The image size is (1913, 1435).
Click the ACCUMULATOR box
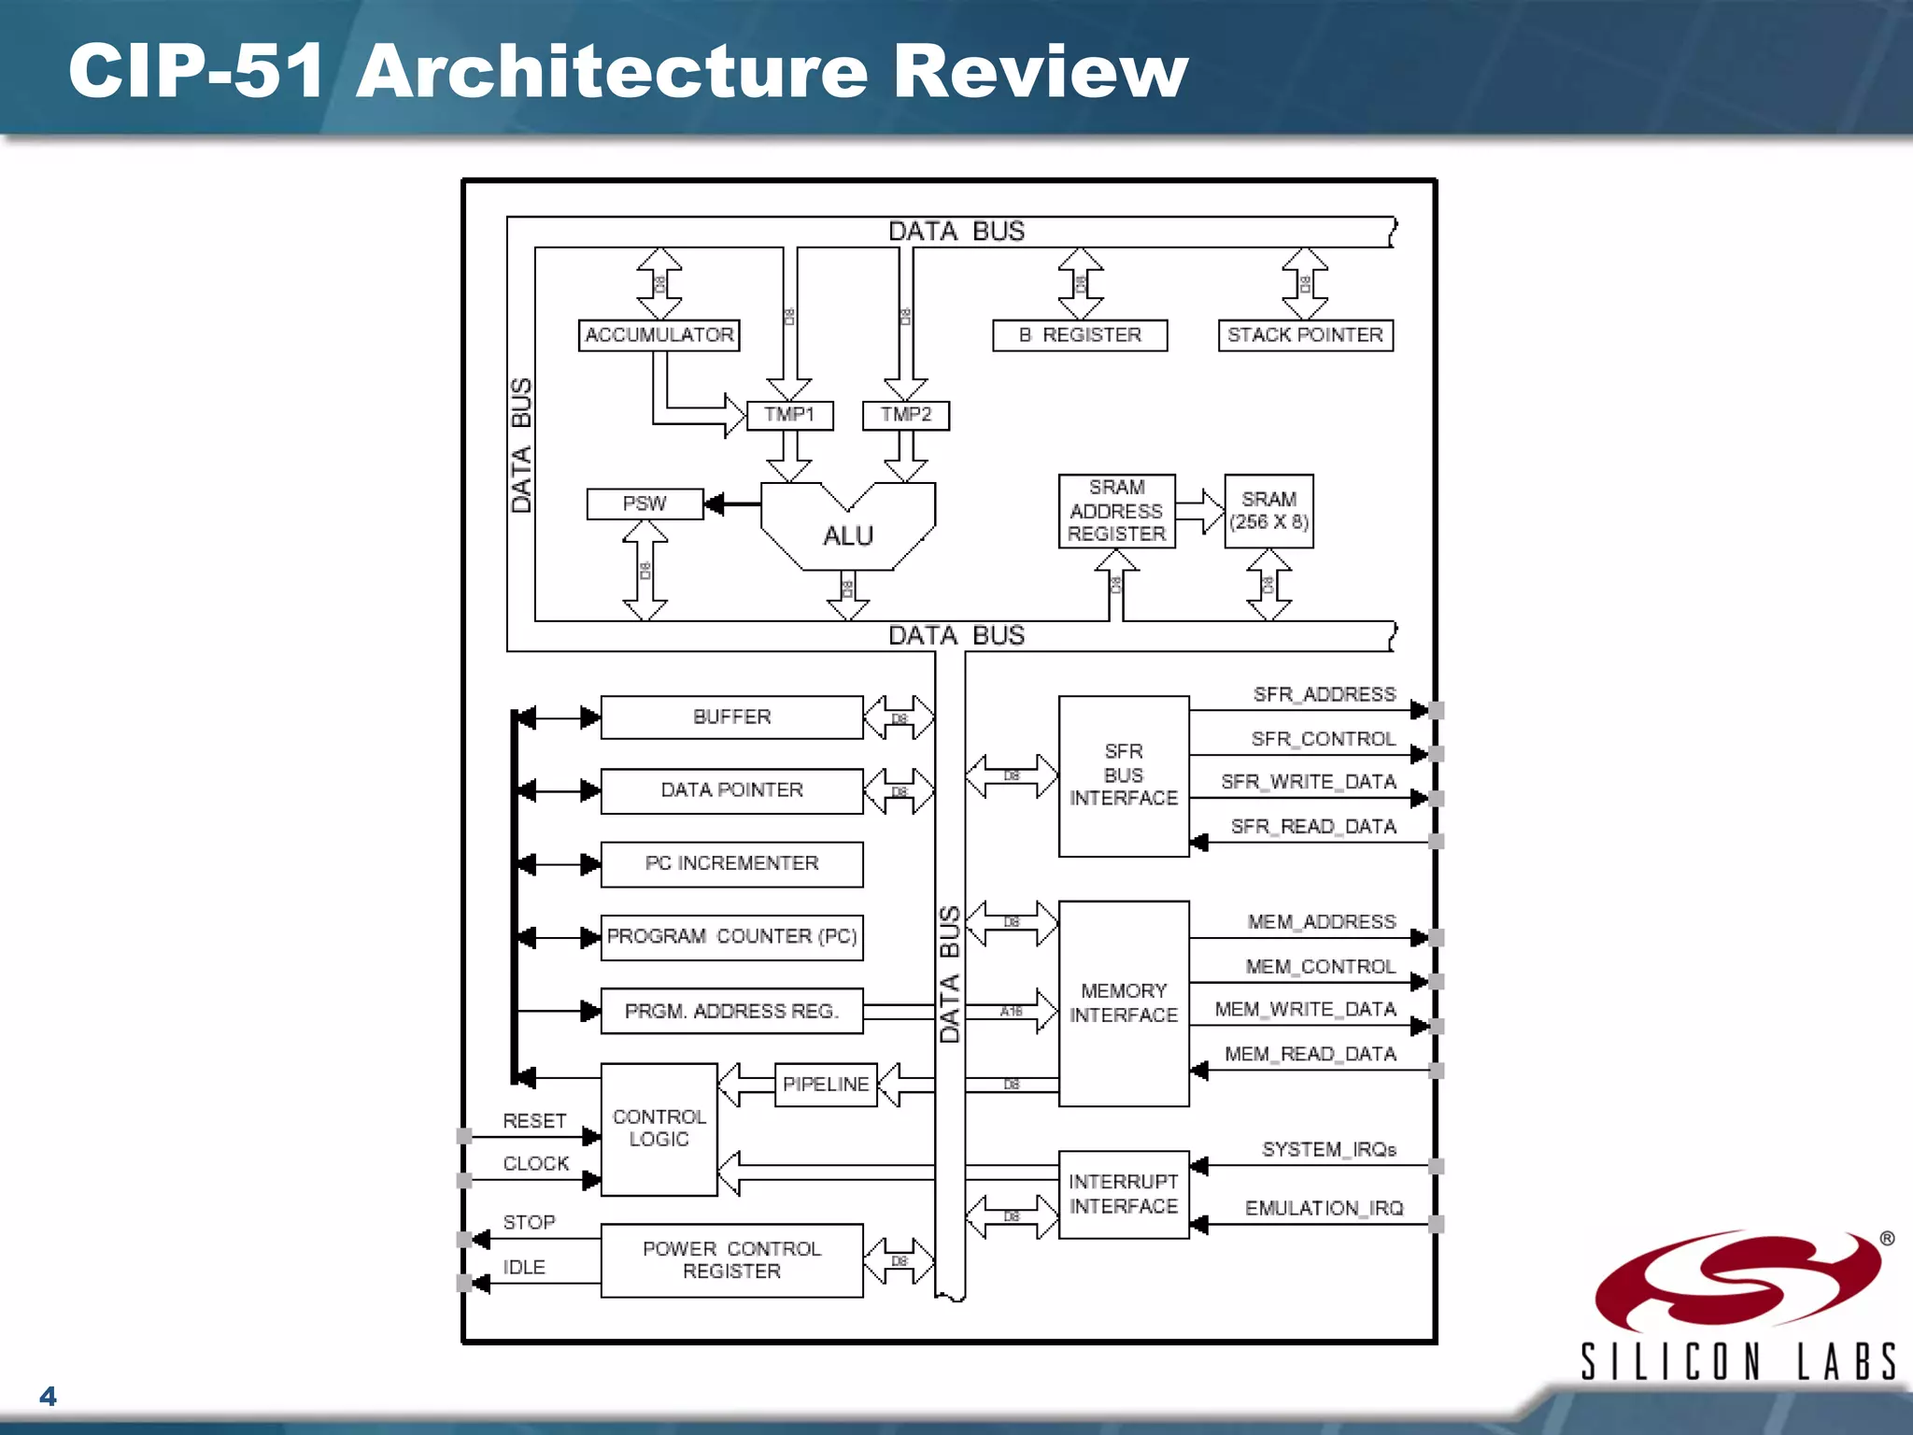(x=659, y=334)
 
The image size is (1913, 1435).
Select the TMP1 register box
(x=789, y=415)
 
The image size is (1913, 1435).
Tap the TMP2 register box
(x=905, y=415)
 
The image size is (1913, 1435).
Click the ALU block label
(x=847, y=535)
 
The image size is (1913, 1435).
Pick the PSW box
(x=645, y=504)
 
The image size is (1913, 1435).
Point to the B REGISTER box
(x=1080, y=334)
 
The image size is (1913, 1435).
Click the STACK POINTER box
(x=1305, y=334)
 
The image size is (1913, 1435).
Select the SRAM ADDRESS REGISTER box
(x=1116, y=511)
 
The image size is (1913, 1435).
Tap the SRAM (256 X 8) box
(x=1268, y=511)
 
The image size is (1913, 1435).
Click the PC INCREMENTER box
(x=731, y=863)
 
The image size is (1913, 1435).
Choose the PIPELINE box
(x=826, y=1084)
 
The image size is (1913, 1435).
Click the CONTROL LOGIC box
(x=659, y=1129)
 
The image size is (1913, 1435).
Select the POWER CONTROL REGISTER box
(x=731, y=1260)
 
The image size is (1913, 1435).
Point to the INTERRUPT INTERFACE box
(x=1123, y=1194)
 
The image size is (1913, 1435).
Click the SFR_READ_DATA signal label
(x=1312, y=827)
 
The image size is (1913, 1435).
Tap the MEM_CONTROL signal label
(x=1320, y=967)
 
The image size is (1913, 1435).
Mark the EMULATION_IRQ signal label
(x=1324, y=1208)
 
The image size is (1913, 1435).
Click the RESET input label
(x=534, y=1120)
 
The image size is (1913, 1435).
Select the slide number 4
(x=48, y=1396)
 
